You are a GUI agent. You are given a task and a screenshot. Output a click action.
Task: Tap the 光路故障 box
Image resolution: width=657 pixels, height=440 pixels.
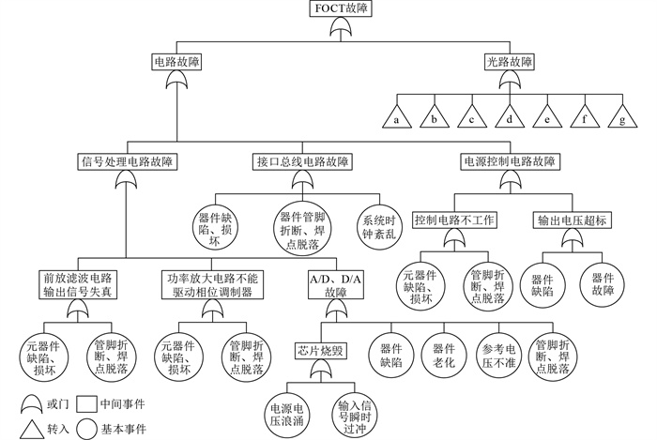tap(509, 62)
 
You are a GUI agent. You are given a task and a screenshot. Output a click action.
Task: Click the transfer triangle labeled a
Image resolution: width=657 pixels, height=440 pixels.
tap(397, 118)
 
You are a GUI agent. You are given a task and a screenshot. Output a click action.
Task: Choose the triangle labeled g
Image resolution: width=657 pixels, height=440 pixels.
tap(621, 118)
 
